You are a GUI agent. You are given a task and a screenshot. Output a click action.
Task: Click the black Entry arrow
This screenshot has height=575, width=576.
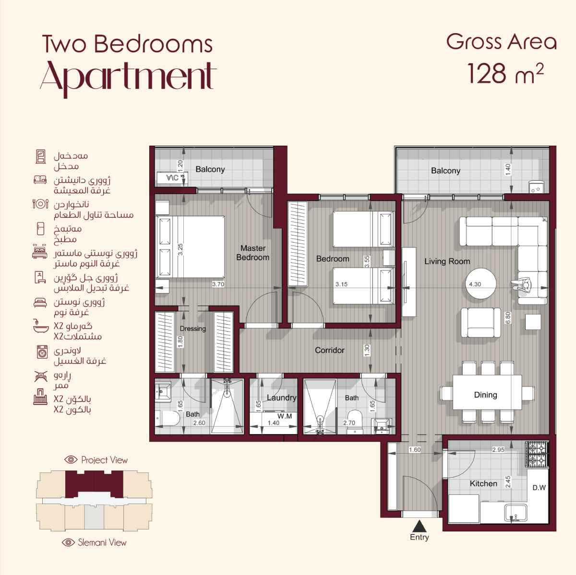point(419,526)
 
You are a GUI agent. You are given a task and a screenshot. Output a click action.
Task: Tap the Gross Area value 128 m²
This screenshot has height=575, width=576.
point(505,73)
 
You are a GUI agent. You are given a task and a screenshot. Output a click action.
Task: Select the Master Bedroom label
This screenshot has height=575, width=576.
point(253,253)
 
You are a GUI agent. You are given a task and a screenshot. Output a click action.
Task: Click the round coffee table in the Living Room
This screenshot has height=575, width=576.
point(481,283)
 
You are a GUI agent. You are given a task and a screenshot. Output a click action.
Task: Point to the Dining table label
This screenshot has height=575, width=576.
point(485,395)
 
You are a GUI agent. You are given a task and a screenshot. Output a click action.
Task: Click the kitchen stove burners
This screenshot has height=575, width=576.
point(537,454)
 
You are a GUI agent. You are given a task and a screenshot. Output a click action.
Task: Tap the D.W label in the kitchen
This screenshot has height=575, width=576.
point(539,488)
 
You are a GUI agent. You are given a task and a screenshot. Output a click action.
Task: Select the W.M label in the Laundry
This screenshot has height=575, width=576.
point(284,416)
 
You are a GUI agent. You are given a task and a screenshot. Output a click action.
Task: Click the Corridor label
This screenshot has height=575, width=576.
point(330,350)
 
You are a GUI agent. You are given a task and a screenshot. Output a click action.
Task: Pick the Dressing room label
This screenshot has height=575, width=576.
point(193,329)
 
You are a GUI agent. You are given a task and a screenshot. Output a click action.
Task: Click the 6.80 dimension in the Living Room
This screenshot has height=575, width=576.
point(508,318)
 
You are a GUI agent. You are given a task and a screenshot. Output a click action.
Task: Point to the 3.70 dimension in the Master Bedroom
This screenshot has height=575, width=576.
point(218,284)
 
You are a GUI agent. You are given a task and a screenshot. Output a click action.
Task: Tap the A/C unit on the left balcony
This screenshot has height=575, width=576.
point(172,178)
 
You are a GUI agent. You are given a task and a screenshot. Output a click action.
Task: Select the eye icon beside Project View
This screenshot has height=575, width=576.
point(71,459)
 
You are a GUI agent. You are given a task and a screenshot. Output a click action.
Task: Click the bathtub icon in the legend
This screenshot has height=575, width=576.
point(41,326)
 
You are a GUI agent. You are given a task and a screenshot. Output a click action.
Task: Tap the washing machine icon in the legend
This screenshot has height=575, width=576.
point(42,352)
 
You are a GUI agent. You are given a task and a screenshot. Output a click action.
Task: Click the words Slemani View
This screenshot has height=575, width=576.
point(102,542)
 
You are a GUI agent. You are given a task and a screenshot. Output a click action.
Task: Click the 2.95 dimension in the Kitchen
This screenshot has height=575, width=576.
point(498,450)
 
